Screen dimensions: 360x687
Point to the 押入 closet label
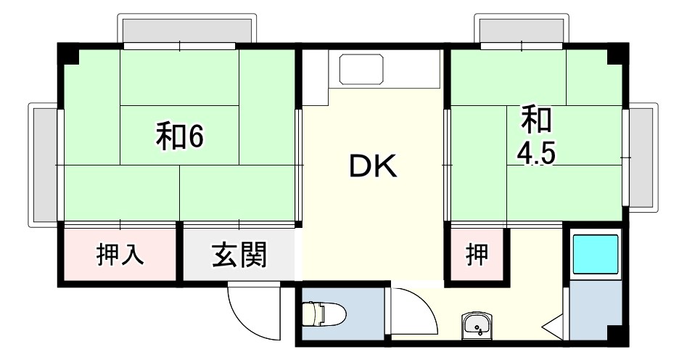click(x=120, y=255)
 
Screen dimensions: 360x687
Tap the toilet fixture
click(x=322, y=314)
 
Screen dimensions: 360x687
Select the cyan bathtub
click(x=595, y=254)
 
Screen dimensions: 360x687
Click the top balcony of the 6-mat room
click(x=188, y=30)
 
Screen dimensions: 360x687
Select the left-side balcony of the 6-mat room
click(x=43, y=164)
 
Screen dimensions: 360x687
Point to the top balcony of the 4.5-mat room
click(x=519, y=30)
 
